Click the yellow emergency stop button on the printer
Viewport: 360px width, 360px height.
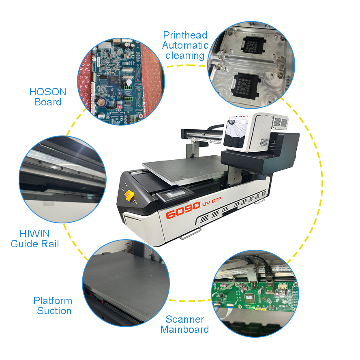pos(129,196)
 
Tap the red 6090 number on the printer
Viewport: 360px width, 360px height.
pos(183,210)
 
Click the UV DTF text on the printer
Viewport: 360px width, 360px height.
pos(212,202)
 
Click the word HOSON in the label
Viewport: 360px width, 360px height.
pos(48,92)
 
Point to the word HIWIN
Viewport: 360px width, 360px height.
pos(35,234)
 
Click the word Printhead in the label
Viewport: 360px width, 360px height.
pos(185,35)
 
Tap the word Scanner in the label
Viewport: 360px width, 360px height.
pos(185,319)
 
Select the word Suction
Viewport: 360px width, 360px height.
pos(54,311)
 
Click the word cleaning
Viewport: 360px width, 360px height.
pos(185,56)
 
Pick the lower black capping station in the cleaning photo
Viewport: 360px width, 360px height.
pos(246,86)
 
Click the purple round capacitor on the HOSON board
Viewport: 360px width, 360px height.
pos(101,102)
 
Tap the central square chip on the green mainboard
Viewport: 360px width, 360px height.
pos(250,298)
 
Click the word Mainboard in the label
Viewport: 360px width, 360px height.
pos(184,330)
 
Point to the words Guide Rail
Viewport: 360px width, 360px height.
pos(35,244)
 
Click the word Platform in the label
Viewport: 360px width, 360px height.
pos(53,301)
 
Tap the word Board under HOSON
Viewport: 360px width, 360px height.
pos(48,102)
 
